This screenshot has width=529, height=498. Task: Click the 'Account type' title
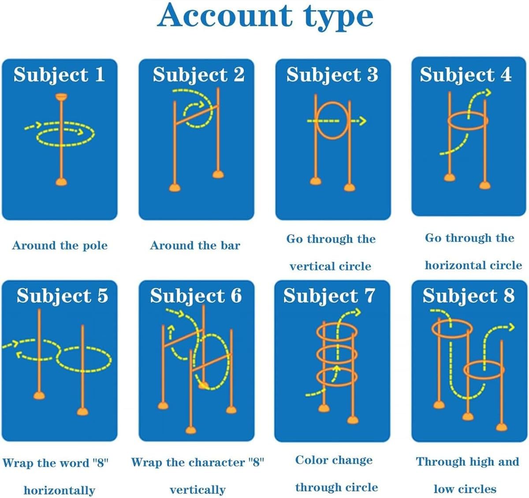pyautogui.click(x=265, y=16)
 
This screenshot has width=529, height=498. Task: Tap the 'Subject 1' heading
pyautogui.click(x=59, y=75)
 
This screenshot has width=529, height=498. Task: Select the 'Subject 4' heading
pyautogui.click(x=466, y=75)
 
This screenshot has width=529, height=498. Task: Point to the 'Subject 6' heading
pyautogui.click(x=196, y=296)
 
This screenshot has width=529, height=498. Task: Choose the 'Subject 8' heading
pyautogui.click(x=469, y=296)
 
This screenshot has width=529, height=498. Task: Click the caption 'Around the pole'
pyautogui.click(x=60, y=246)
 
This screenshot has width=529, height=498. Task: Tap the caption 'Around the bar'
pyautogui.click(x=195, y=246)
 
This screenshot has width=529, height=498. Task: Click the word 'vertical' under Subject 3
pyautogui.click(x=312, y=266)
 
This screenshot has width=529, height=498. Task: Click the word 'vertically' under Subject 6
pyautogui.click(x=197, y=490)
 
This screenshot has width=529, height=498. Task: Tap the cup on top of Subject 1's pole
pyautogui.click(x=62, y=97)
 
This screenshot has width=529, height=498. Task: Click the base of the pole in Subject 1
pyautogui.click(x=62, y=182)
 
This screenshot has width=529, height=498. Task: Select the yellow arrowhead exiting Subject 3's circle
pyautogui.click(x=362, y=121)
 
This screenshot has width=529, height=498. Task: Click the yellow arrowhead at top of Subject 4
pyautogui.click(x=487, y=93)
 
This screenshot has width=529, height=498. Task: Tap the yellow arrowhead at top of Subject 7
pyautogui.click(x=357, y=312)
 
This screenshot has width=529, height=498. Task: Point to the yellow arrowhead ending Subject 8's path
pyautogui.click(x=510, y=327)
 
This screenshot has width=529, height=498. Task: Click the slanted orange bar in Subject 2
pyautogui.click(x=197, y=115)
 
